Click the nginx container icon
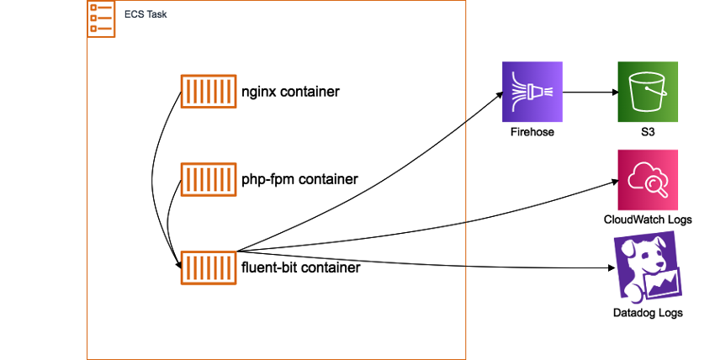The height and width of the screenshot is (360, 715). tap(208, 91)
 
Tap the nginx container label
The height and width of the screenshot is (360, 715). tap(290, 91)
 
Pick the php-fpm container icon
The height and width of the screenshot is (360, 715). tap(208, 179)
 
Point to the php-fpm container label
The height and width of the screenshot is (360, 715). tap(299, 179)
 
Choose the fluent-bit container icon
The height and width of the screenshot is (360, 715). tap(208, 267)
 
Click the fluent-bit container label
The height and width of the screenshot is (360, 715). tap(301, 267)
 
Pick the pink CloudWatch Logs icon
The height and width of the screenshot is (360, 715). tap(648, 179)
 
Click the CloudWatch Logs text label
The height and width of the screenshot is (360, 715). tap(648, 220)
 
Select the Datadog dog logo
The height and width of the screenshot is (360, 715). tap(648, 268)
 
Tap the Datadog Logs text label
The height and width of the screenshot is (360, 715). tap(648, 313)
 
